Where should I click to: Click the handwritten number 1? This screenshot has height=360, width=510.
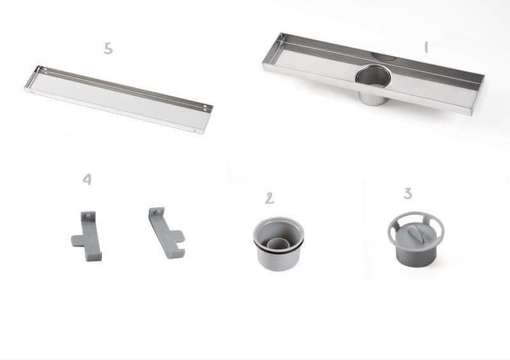click(426, 47)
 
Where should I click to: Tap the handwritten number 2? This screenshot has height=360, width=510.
click(269, 198)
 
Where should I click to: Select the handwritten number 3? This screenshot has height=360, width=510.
click(408, 193)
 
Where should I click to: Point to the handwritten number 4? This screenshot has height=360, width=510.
click(87, 179)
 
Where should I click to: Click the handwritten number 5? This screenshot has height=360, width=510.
click(108, 48)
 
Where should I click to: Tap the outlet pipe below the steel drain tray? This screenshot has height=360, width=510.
click(373, 97)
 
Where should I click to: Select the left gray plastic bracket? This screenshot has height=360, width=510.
click(87, 236)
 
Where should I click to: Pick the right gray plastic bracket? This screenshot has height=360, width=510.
click(166, 233)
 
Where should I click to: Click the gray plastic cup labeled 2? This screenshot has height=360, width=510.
click(279, 244)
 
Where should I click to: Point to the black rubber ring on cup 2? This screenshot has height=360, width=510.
click(279, 247)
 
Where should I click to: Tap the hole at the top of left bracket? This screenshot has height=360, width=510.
click(88, 215)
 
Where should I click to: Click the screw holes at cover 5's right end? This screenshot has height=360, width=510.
click(205, 108)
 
